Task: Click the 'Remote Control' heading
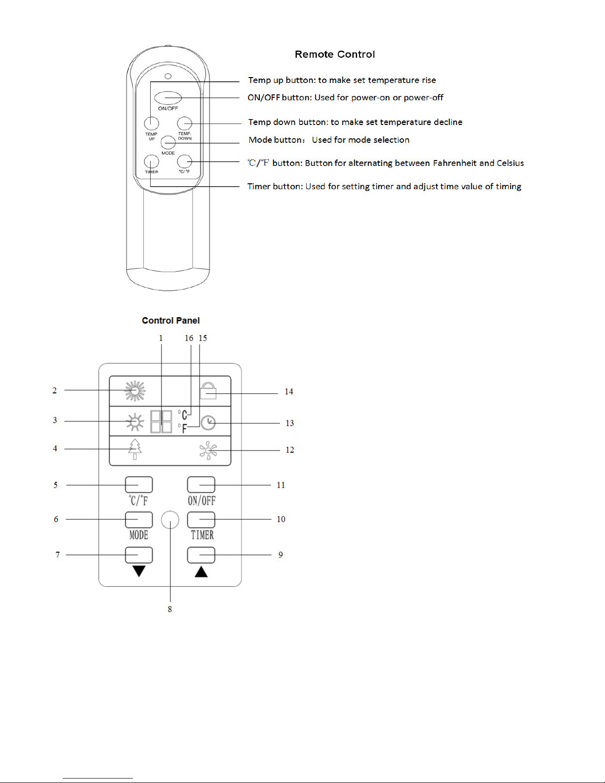click(x=334, y=54)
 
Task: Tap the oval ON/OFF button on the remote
click(x=168, y=98)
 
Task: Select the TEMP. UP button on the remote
click(x=152, y=124)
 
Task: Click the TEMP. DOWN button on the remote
click(x=184, y=124)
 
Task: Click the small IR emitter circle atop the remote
click(x=168, y=77)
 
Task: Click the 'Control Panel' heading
click(x=171, y=321)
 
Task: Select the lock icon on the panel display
click(x=208, y=391)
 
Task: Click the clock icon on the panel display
click(x=208, y=423)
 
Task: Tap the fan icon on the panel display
click(x=208, y=451)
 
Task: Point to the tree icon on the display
click(x=135, y=449)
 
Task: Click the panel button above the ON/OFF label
click(x=201, y=485)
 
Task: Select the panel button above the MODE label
click(x=139, y=520)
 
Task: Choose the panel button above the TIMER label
click(x=201, y=520)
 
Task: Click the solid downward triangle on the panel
click(x=139, y=571)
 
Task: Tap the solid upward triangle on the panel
click(x=202, y=572)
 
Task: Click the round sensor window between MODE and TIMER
click(x=170, y=520)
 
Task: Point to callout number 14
click(x=289, y=392)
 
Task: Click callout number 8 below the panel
click(x=170, y=609)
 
